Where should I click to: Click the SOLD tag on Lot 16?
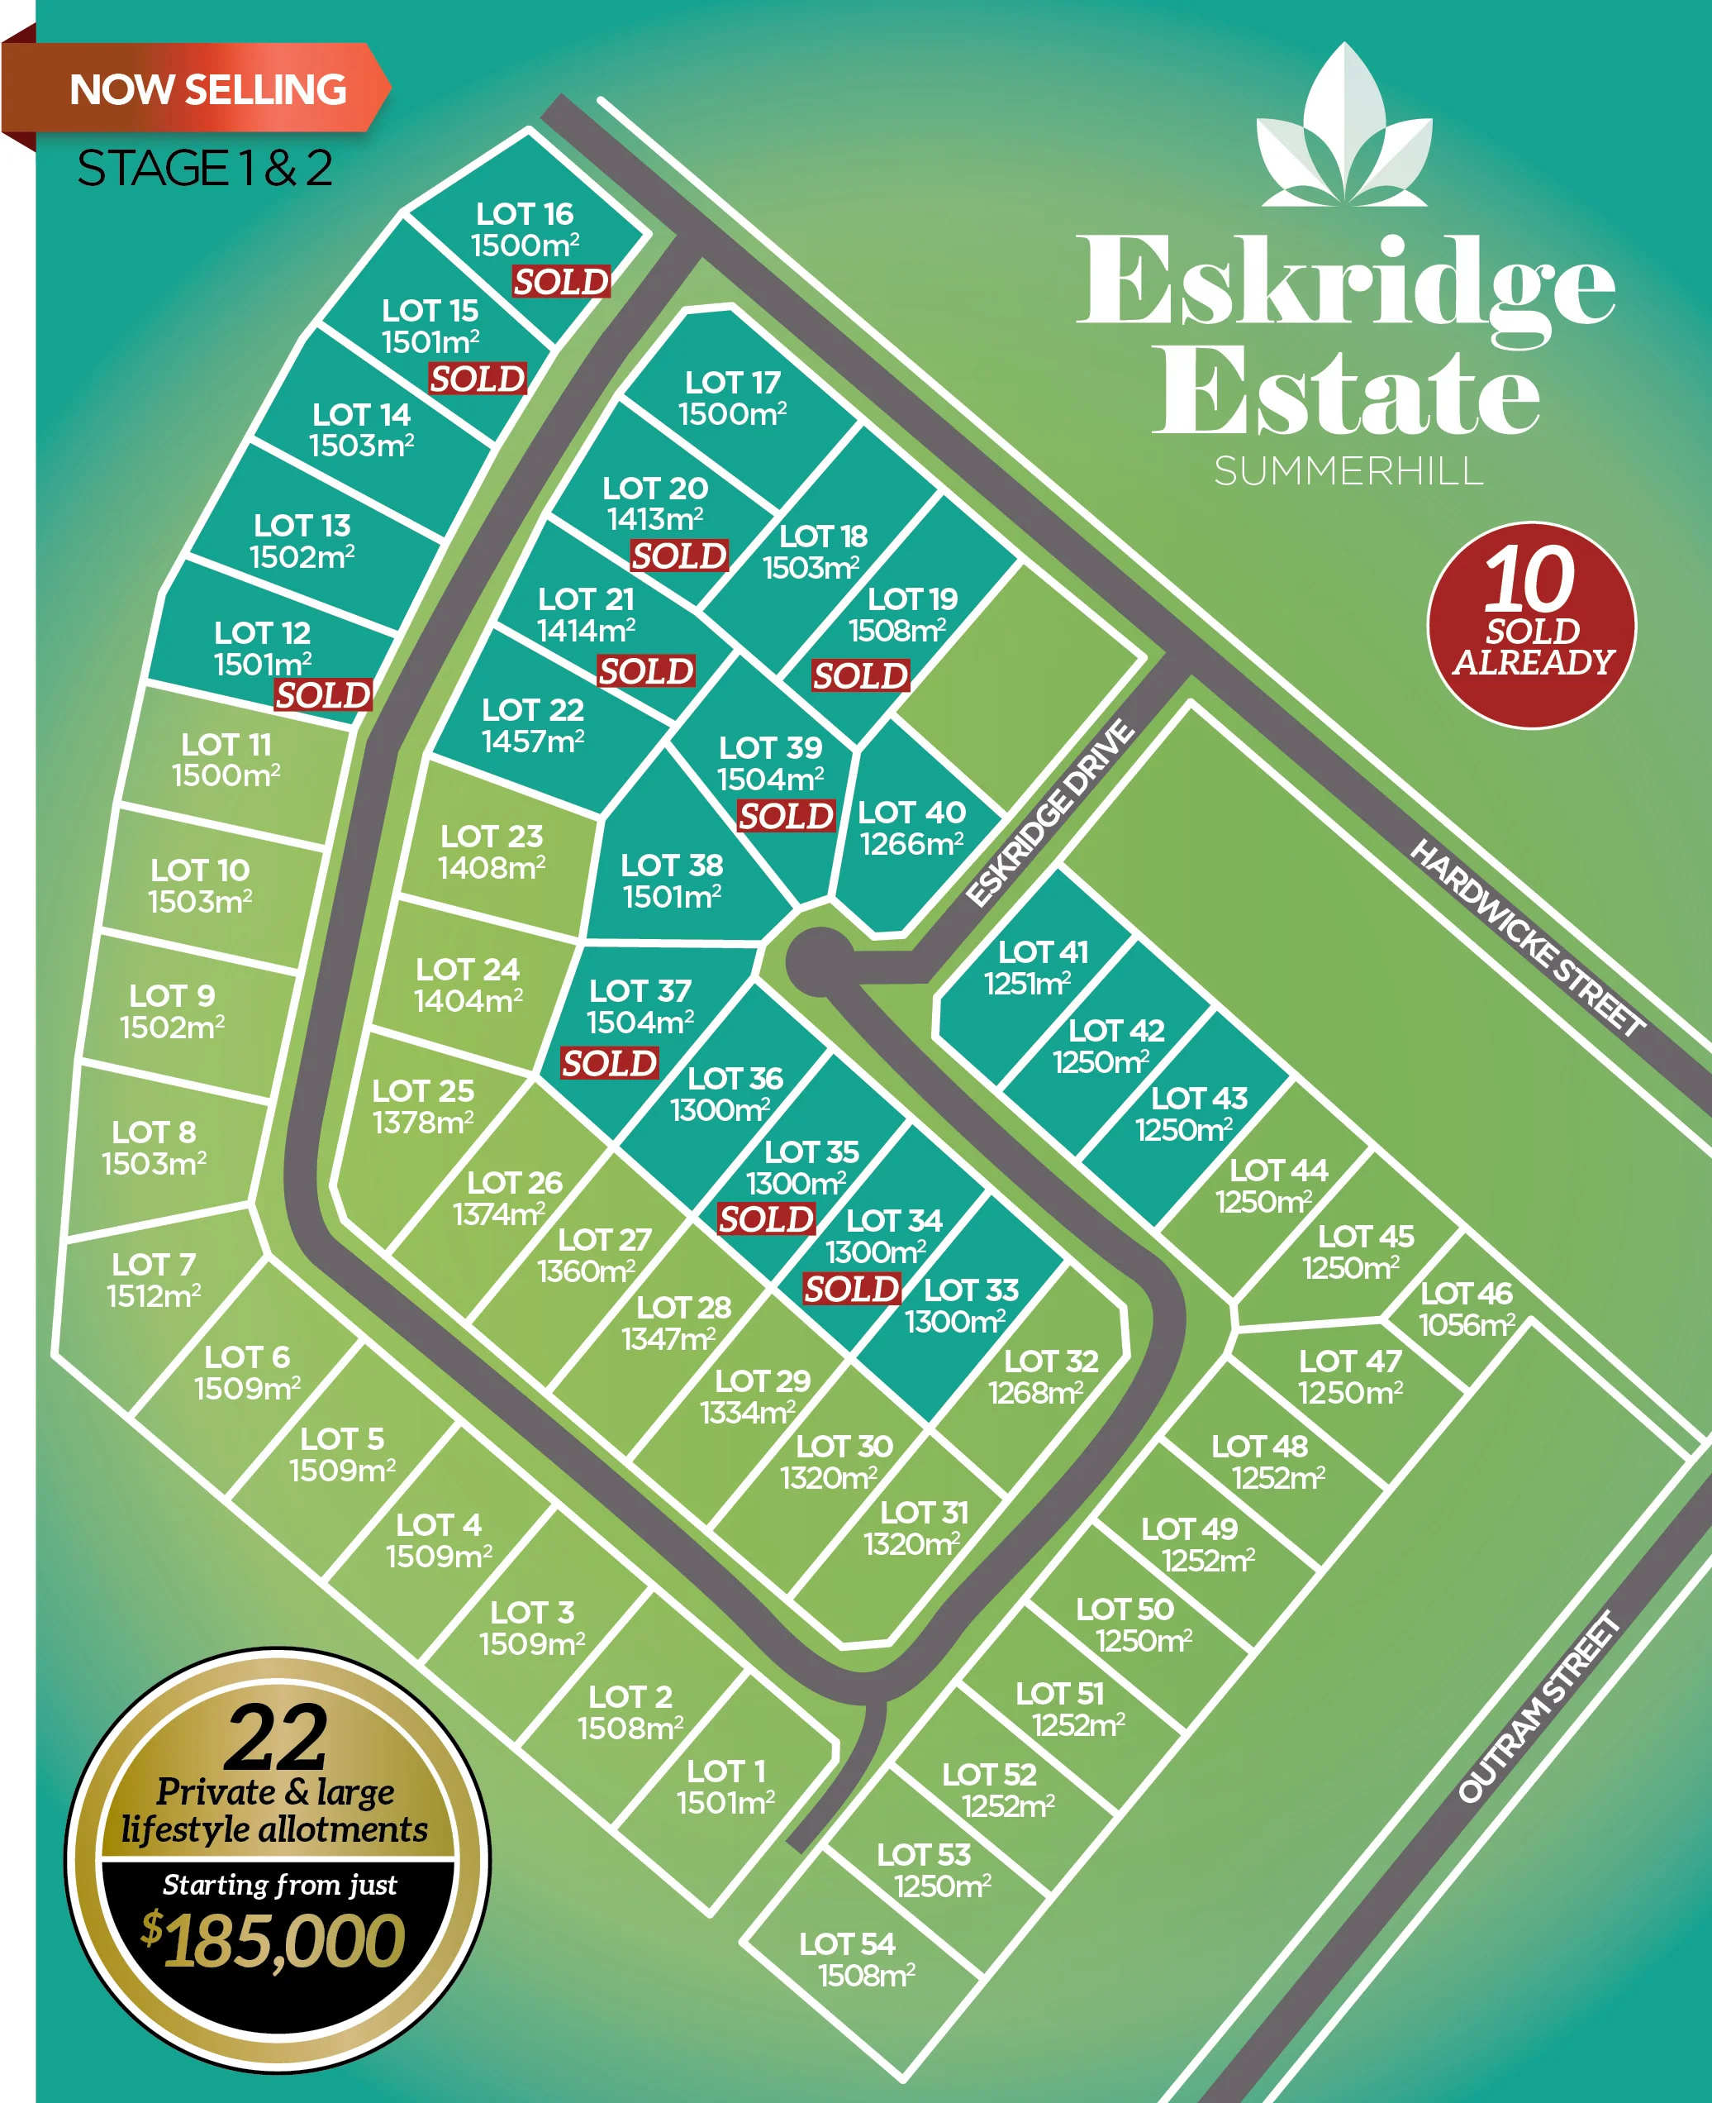coord(561,282)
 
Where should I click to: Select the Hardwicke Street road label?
coord(1527,937)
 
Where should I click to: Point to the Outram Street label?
coord(1538,1706)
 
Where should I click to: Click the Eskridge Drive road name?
coord(1049,813)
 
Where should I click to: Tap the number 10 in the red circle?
coord(1529,580)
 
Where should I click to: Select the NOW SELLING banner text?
coord(208,90)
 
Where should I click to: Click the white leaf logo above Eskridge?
coord(1345,128)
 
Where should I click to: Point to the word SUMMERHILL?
coord(1348,471)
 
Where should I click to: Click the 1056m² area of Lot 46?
coord(1466,1325)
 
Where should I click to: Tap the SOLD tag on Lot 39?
coord(786,816)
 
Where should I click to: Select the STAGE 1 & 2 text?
coord(204,168)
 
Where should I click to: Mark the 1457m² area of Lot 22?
coord(533,741)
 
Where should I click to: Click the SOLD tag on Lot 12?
coord(322,695)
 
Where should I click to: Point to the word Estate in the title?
coord(1345,393)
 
